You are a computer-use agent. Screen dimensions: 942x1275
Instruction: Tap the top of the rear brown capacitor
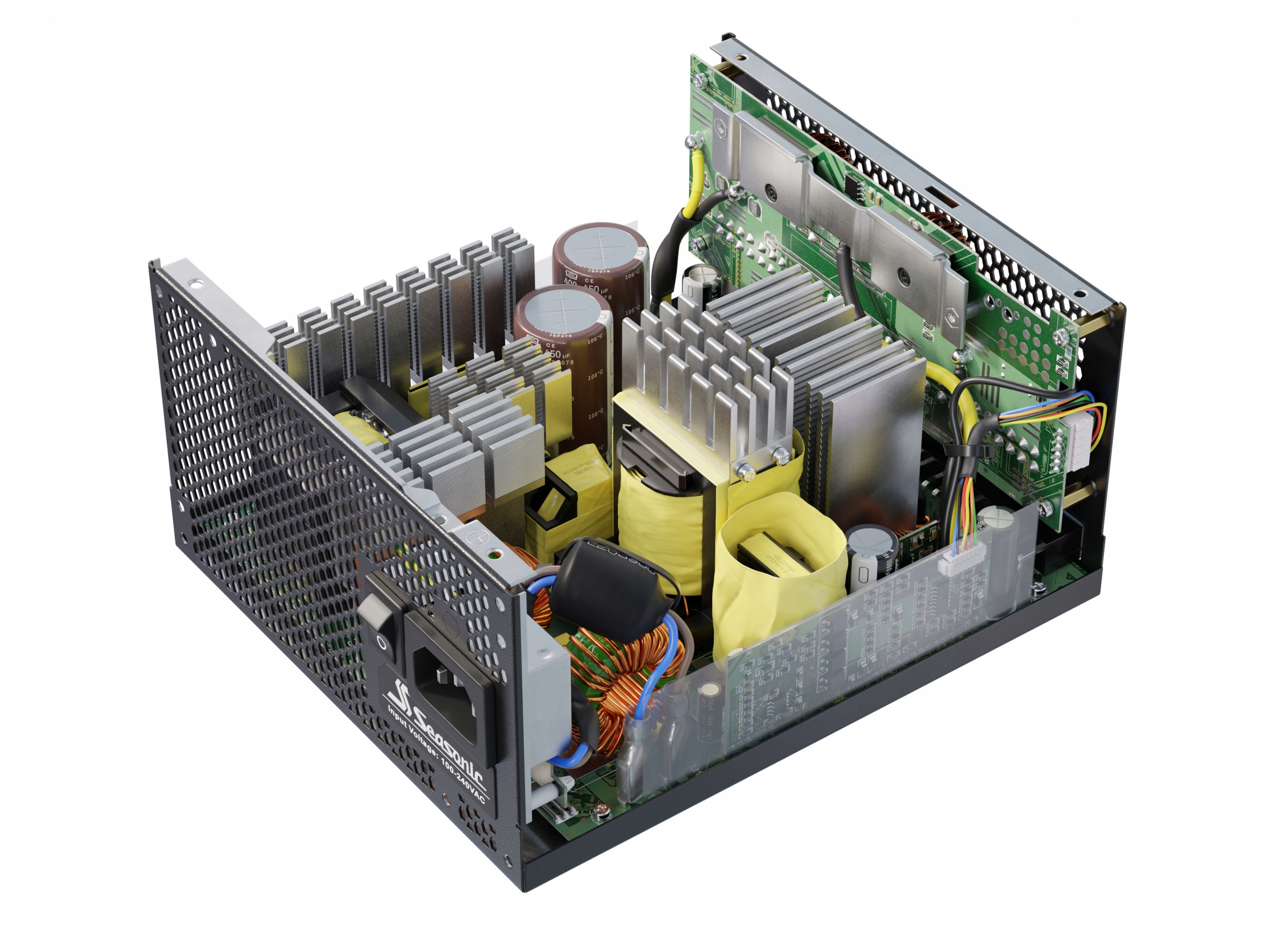[x=599, y=246]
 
